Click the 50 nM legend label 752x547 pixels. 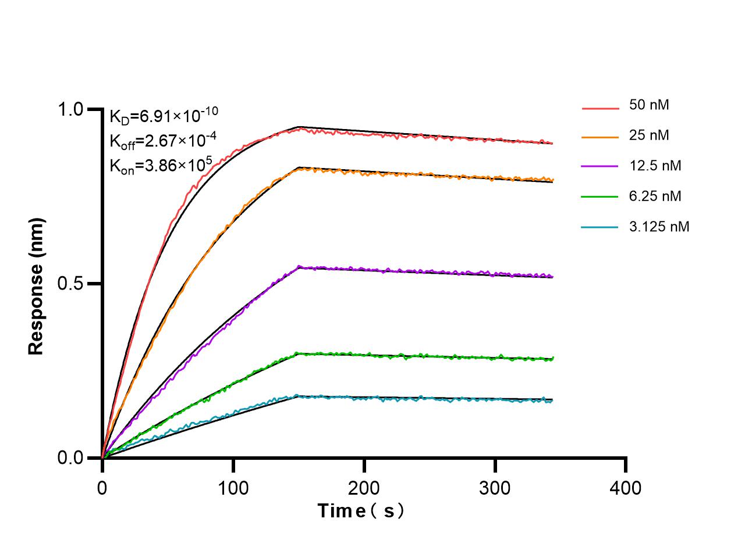pos(648,105)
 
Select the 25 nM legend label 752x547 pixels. pos(648,135)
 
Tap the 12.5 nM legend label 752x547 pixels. pos(655,166)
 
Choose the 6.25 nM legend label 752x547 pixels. pos(655,196)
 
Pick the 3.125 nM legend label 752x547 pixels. pos(659,226)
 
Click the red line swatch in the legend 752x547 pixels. pos(600,108)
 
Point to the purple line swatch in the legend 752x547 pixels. pos(600,167)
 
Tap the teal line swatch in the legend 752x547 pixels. pos(600,227)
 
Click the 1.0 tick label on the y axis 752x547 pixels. pos(71,110)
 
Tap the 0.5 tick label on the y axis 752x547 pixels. pos(71,284)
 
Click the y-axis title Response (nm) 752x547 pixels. pos(36,286)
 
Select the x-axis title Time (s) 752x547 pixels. pos(361,511)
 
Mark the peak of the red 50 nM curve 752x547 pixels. pos(299,128)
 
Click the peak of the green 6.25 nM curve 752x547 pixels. pos(298,353)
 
